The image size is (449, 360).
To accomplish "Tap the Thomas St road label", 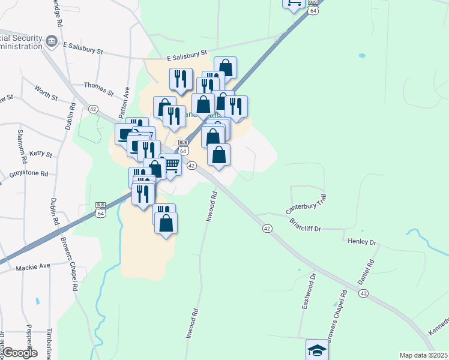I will [98, 89].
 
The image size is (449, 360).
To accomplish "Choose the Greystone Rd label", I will [28, 174].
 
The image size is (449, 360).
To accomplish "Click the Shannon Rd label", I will [22, 146].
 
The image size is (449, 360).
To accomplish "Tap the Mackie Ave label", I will [33, 266].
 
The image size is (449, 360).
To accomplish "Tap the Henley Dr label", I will [361, 242].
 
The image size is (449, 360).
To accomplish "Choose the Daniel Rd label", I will [366, 272].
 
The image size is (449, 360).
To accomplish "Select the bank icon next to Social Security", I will [52, 41].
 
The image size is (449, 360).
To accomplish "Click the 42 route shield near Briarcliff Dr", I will [267, 229].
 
